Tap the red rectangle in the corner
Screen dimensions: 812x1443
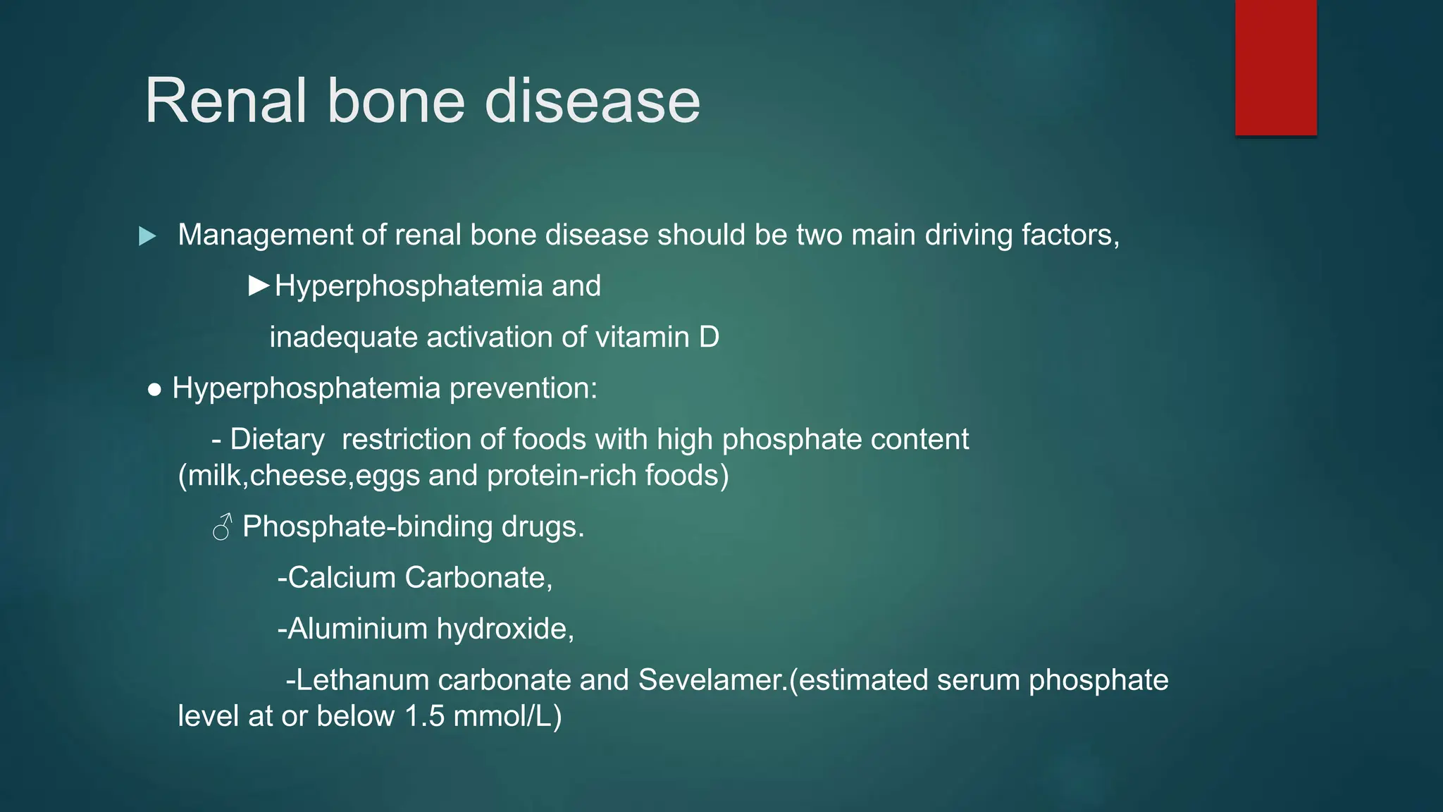[1275, 67]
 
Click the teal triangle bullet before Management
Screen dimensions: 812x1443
[147, 236]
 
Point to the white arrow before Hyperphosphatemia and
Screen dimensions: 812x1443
[259, 285]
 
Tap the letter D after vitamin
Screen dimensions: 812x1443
[709, 337]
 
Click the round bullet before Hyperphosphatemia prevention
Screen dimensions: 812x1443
[155, 389]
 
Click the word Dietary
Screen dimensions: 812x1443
[277, 440]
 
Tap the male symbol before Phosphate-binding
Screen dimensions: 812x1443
[222, 527]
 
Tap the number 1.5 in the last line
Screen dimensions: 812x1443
[425, 716]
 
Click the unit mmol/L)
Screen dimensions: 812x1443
[507, 716]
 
